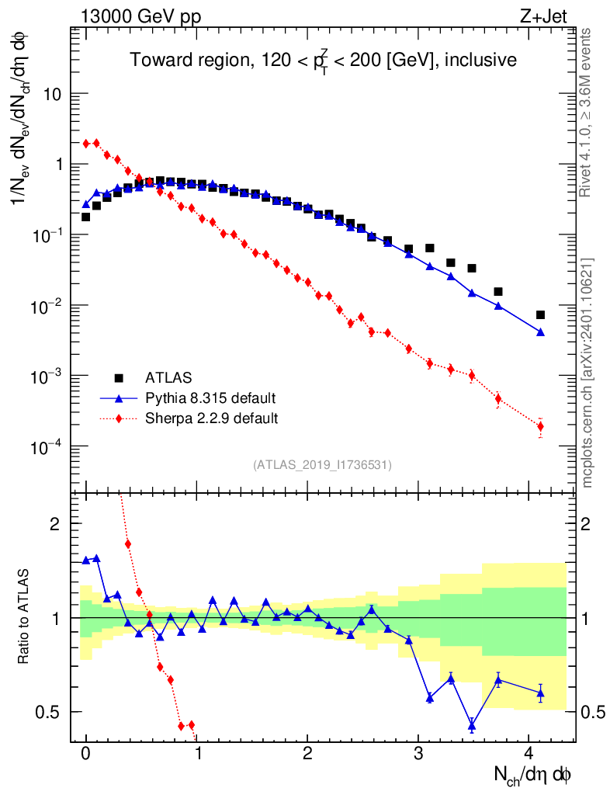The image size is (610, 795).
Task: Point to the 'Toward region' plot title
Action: pyautogui.click(x=323, y=61)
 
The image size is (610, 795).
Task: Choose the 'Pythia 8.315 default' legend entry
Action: pyautogui.click(x=210, y=398)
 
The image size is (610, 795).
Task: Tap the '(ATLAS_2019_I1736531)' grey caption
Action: pyautogui.click(x=322, y=465)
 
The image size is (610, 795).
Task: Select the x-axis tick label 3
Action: pyautogui.click(x=418, y=753)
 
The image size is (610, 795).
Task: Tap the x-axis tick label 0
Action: pyautogui.click(x=85, y=753)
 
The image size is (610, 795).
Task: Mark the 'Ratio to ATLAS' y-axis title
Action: pyautogui.click(x=24, y=617)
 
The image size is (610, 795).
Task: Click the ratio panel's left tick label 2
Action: pyautogui.click(x=55, y=523)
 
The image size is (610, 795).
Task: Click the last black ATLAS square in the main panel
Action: pyautogui.click(x=540, y=314)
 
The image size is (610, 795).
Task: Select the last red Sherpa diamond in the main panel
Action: pyautogui.click(x=540, y=426)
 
